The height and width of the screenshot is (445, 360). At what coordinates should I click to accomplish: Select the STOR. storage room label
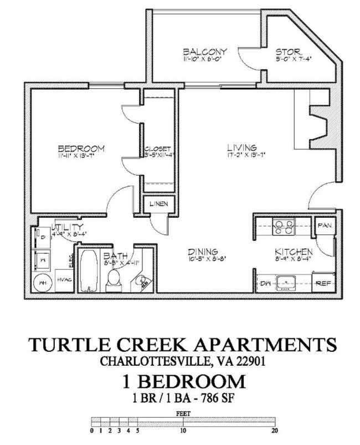point(287,53)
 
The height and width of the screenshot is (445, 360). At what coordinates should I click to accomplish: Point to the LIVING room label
point(241,148)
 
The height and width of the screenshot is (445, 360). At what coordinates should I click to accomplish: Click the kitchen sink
point(286,282)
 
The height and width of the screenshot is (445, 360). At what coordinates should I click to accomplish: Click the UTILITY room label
point(67,227)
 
